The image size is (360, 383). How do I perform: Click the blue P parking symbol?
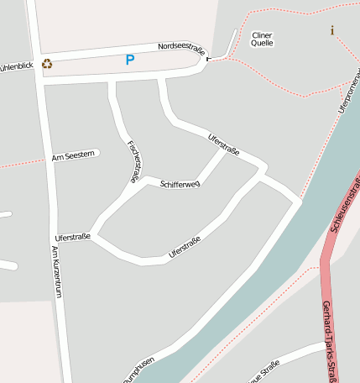point(129,60)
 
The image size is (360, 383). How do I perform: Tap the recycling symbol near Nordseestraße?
point(47,63)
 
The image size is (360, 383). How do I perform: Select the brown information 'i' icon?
point(332,31)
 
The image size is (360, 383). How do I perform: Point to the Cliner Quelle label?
point(262,39)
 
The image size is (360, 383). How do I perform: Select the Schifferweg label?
point(179,184)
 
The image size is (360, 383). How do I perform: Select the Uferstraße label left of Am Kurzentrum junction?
point(71,238)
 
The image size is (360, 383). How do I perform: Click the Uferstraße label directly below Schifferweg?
point(184,247)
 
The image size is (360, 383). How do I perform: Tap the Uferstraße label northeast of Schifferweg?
point(222,144)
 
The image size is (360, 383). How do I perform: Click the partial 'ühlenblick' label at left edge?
point(16,66)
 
